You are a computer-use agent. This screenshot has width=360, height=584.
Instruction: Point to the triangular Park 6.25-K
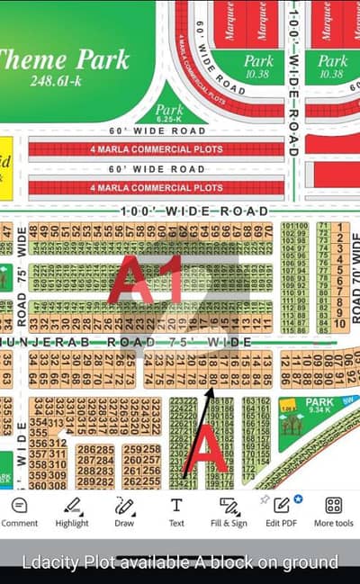[x=166, y=112]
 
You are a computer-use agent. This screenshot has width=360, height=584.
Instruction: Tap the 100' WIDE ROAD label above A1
[x=194, y=211]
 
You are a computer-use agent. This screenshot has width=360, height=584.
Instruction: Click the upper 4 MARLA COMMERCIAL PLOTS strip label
[x=156, y=148]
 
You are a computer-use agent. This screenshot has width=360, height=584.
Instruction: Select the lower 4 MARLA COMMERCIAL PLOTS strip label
[x=156, y=188]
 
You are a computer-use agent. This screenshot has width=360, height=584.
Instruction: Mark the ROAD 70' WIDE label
[x=355, y=279]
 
